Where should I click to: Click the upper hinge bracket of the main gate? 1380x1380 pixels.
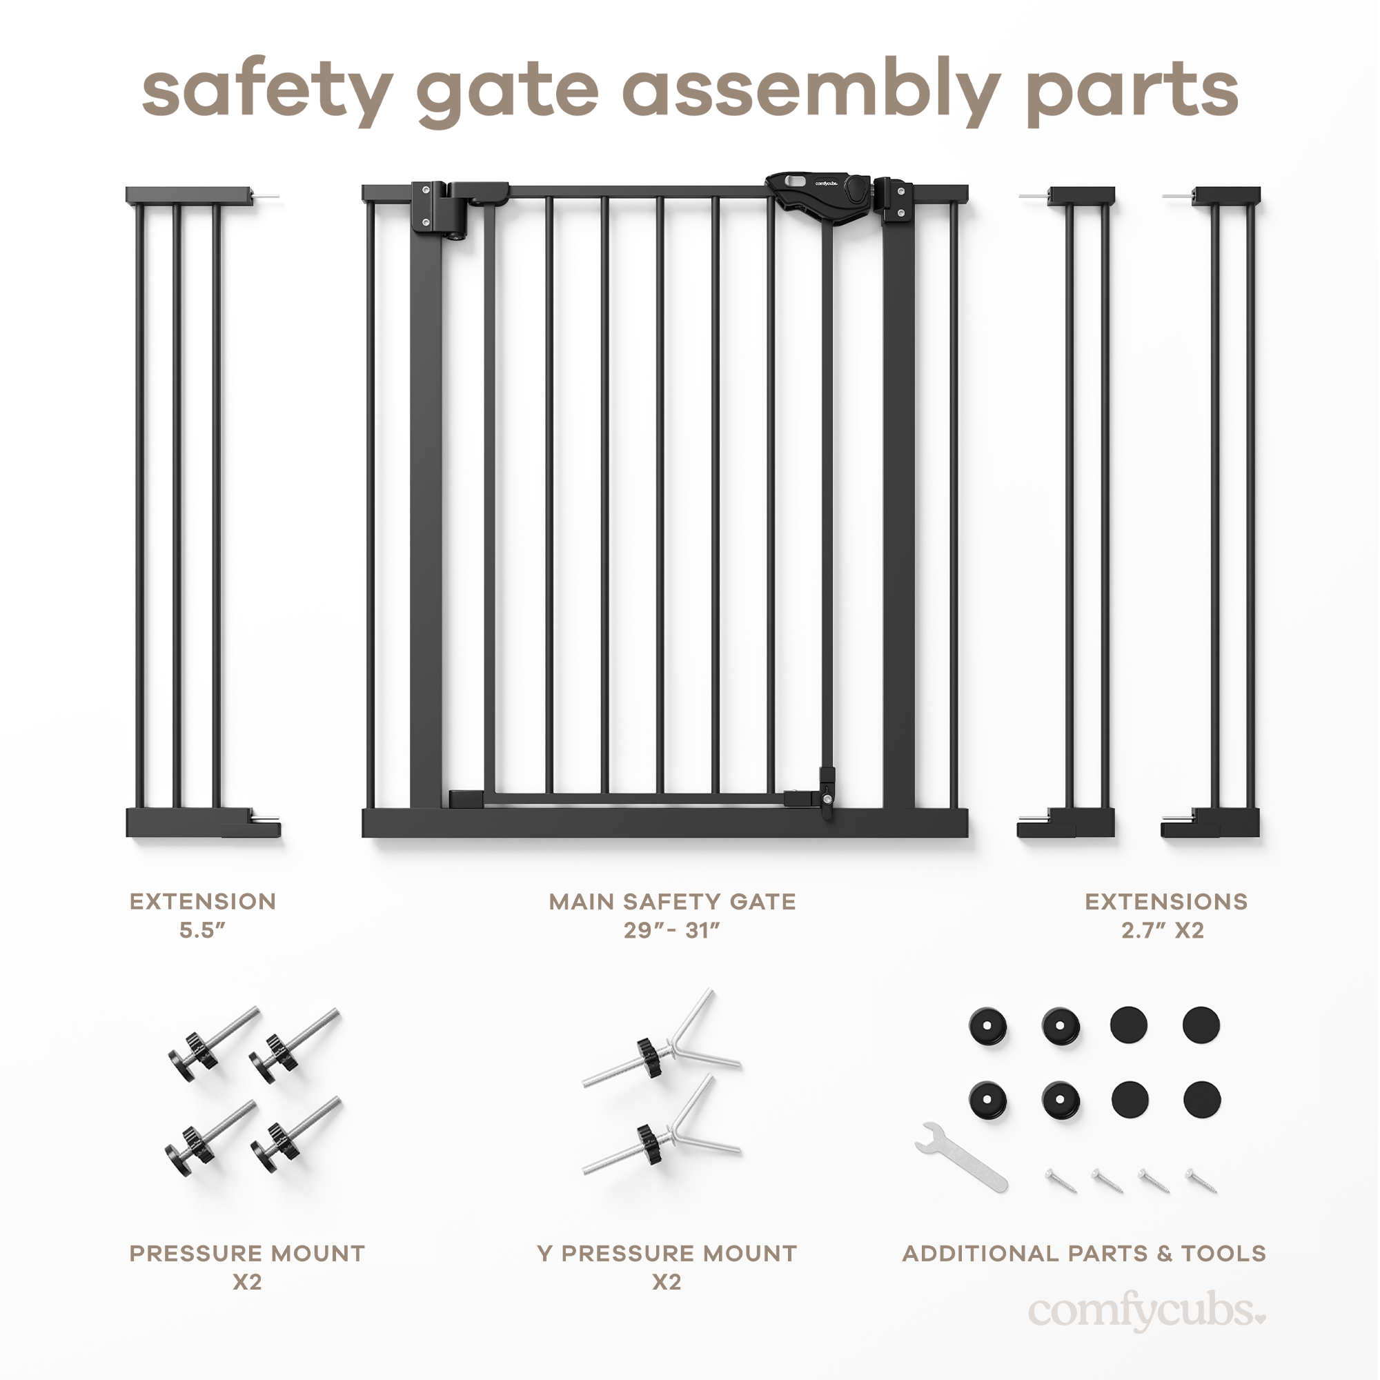click(x=439, y=207)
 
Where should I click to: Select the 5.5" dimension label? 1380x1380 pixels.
click(x=202, y=930)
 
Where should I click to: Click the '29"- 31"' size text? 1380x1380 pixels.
click(x=671, y=930)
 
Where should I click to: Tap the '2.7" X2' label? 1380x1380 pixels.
click(x=1162, y=930)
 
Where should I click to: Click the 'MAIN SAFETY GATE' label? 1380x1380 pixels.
click(x=671, y=901)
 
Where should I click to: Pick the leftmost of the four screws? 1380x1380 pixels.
click(x=1060, y=1180)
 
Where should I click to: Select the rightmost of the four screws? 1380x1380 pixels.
click(x=1201, y=1180)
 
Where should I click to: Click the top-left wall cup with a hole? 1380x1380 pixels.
click(x=988, y=1027)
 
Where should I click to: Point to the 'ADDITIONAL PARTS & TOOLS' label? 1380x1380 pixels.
click(x=1083, y=1253)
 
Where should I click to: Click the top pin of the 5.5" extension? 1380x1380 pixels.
click(x=266, y=196)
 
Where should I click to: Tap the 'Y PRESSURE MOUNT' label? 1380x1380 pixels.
click(x=667, y=1253)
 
